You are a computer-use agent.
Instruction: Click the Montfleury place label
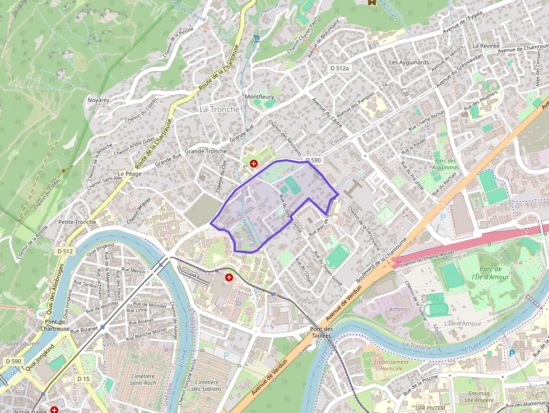tap(259, 96)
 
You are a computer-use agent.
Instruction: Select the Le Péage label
tap(129, 174)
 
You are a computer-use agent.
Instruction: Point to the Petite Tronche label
tap(77, 222)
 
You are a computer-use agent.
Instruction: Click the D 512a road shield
tap(339, 68)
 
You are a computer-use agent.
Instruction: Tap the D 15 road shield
tap(83, 379)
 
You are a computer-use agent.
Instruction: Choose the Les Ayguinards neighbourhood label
tap(409, 62)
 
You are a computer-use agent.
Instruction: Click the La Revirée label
tap(486, 45)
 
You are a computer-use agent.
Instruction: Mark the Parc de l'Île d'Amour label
tap(491, 273)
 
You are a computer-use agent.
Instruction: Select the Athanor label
tap(399, 309)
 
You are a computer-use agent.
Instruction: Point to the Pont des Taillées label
tap(322, 332)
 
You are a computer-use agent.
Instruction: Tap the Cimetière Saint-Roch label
tap(142, 379)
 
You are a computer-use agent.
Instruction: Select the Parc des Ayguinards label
tap(446, 164)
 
